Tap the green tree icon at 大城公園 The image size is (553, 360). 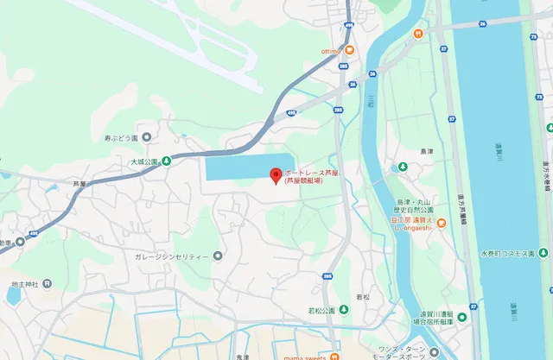[x=166, y=161]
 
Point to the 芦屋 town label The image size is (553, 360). [x=80, y=183]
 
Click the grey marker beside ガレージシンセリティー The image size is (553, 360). [x=217, y=256]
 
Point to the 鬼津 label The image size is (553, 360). [x=242, y=355]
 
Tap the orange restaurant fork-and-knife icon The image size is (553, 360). [x=416, y=34]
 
